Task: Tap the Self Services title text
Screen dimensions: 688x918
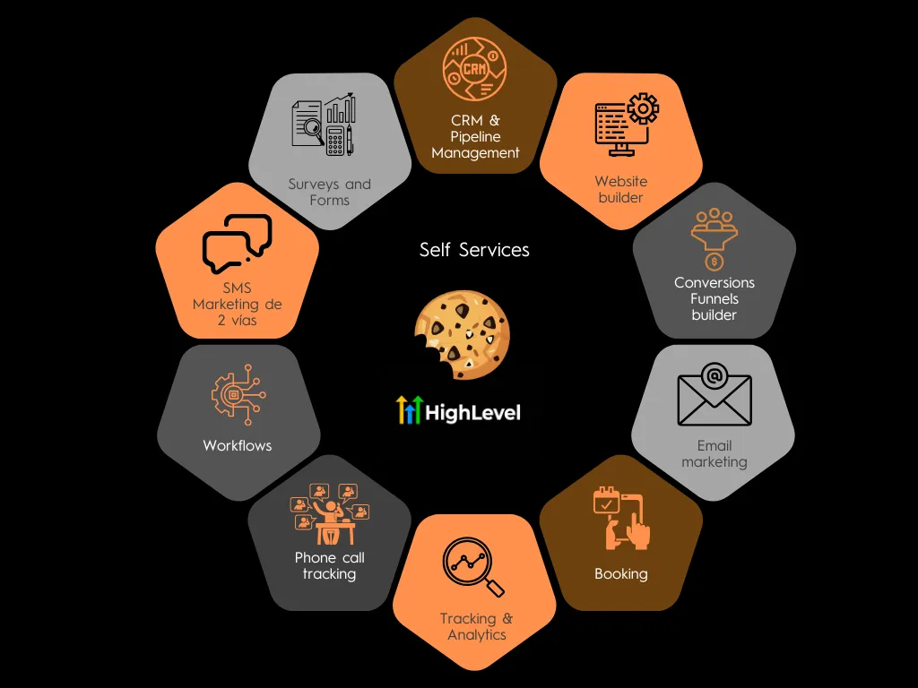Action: [474, 250]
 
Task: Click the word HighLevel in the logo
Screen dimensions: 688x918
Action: [472, 412]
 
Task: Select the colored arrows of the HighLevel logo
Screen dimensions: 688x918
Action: [409, 410]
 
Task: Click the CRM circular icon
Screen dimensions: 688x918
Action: [475, 70]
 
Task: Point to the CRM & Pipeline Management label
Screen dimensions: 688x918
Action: [475, 136]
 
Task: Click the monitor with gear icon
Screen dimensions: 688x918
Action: [626, 125]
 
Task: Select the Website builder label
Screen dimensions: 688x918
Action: [620, 189]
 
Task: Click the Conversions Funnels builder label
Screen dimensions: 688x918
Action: [714, 298]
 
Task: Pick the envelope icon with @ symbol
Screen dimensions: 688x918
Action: [714, 393]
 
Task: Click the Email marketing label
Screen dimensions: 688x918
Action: [714, 453]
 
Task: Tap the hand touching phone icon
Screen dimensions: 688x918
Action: [622, 519]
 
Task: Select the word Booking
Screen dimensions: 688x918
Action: [620, 573]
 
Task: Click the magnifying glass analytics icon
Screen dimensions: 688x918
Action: [472, 567]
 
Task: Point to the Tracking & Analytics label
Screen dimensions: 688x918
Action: [476, 626]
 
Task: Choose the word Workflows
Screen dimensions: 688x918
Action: [237, 445]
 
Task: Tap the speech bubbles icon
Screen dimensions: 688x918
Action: [237, 243]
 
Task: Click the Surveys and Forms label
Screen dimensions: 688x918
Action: [329, 192]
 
